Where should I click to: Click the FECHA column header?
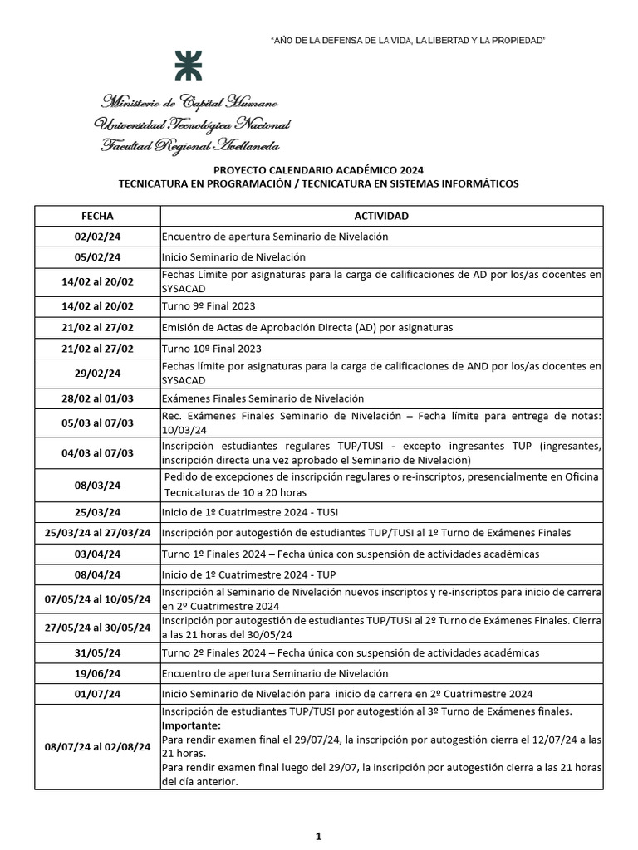[x=97, y=216]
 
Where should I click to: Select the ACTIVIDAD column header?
[x=381, y=216]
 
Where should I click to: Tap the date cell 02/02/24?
[x=97, y=237]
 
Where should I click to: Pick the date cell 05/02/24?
[x=97, y=257]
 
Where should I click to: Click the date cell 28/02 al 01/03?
[x=97, y=398]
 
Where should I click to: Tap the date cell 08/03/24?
[x=97, y=486]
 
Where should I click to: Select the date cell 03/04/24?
[x=97, y=554]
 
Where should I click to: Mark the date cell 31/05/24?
[x=97, y=653]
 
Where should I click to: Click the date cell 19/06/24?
[x=97, y=674]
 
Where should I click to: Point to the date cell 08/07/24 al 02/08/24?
[x=97, y=747]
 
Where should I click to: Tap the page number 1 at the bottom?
[x=318, y=836]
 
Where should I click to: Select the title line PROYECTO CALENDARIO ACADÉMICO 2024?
[x=318, y=170]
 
